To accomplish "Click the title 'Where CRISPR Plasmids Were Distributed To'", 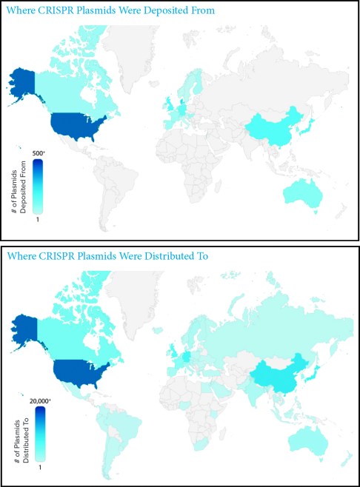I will tap(99, 256).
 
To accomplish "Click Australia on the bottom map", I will tap(307, 440).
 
